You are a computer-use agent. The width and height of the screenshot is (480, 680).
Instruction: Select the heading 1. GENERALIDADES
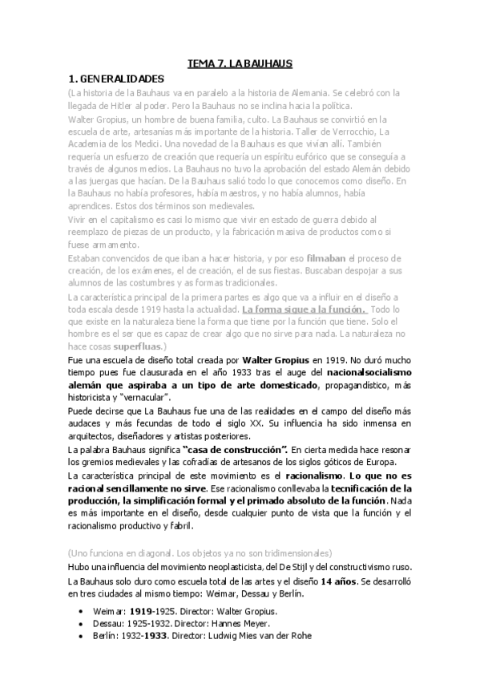(x=116, y=79)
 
